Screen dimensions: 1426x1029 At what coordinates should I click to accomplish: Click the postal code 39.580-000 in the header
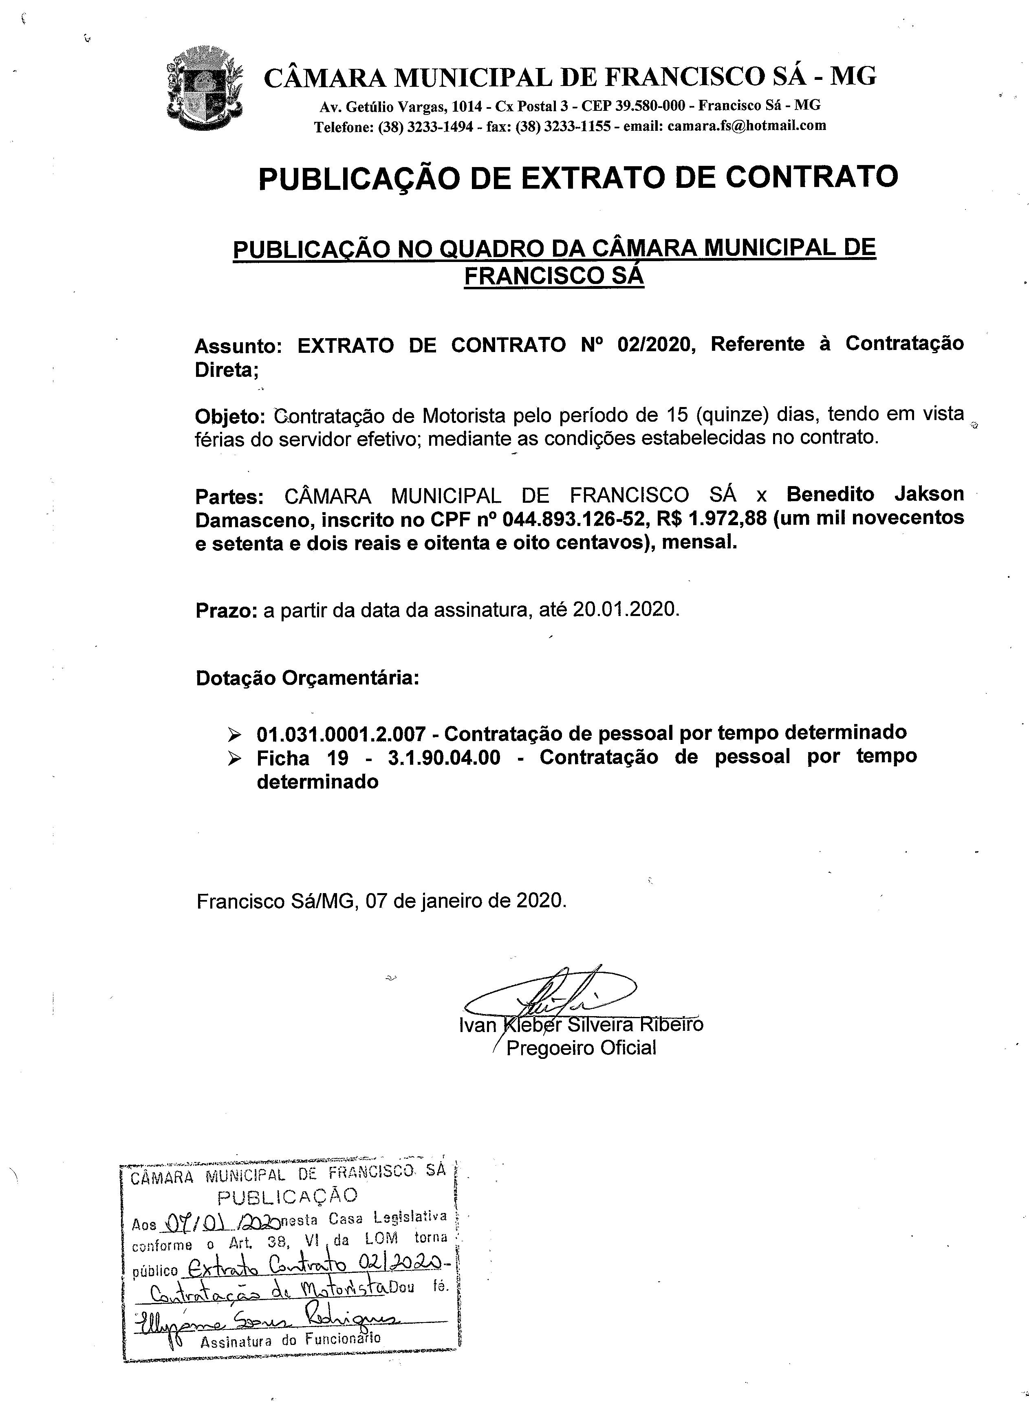click(650, 105)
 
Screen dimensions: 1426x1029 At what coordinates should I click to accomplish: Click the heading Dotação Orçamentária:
click(307, 678)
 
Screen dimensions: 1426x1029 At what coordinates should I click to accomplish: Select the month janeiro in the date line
click(452, 901)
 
